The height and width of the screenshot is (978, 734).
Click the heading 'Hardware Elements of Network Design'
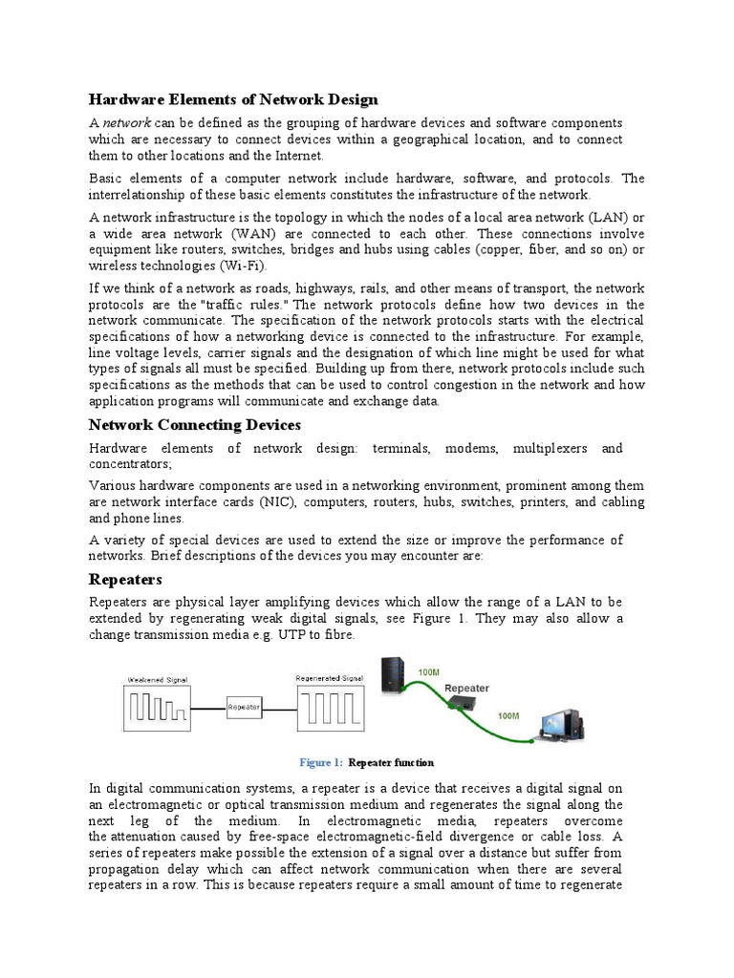(x=233, y=99)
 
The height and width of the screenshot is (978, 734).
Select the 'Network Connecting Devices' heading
(x=195, y=424)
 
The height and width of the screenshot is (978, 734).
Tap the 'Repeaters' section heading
(x=125, y=579)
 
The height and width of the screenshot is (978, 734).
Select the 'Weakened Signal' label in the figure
(x=157, y=679)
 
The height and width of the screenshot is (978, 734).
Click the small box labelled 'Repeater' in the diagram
(x=244, y=708)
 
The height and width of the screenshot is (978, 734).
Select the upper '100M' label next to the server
(x=429, y=672)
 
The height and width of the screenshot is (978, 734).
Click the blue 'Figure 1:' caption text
(x=320, y=762)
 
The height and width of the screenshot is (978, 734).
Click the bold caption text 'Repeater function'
(x=391, y=762)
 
